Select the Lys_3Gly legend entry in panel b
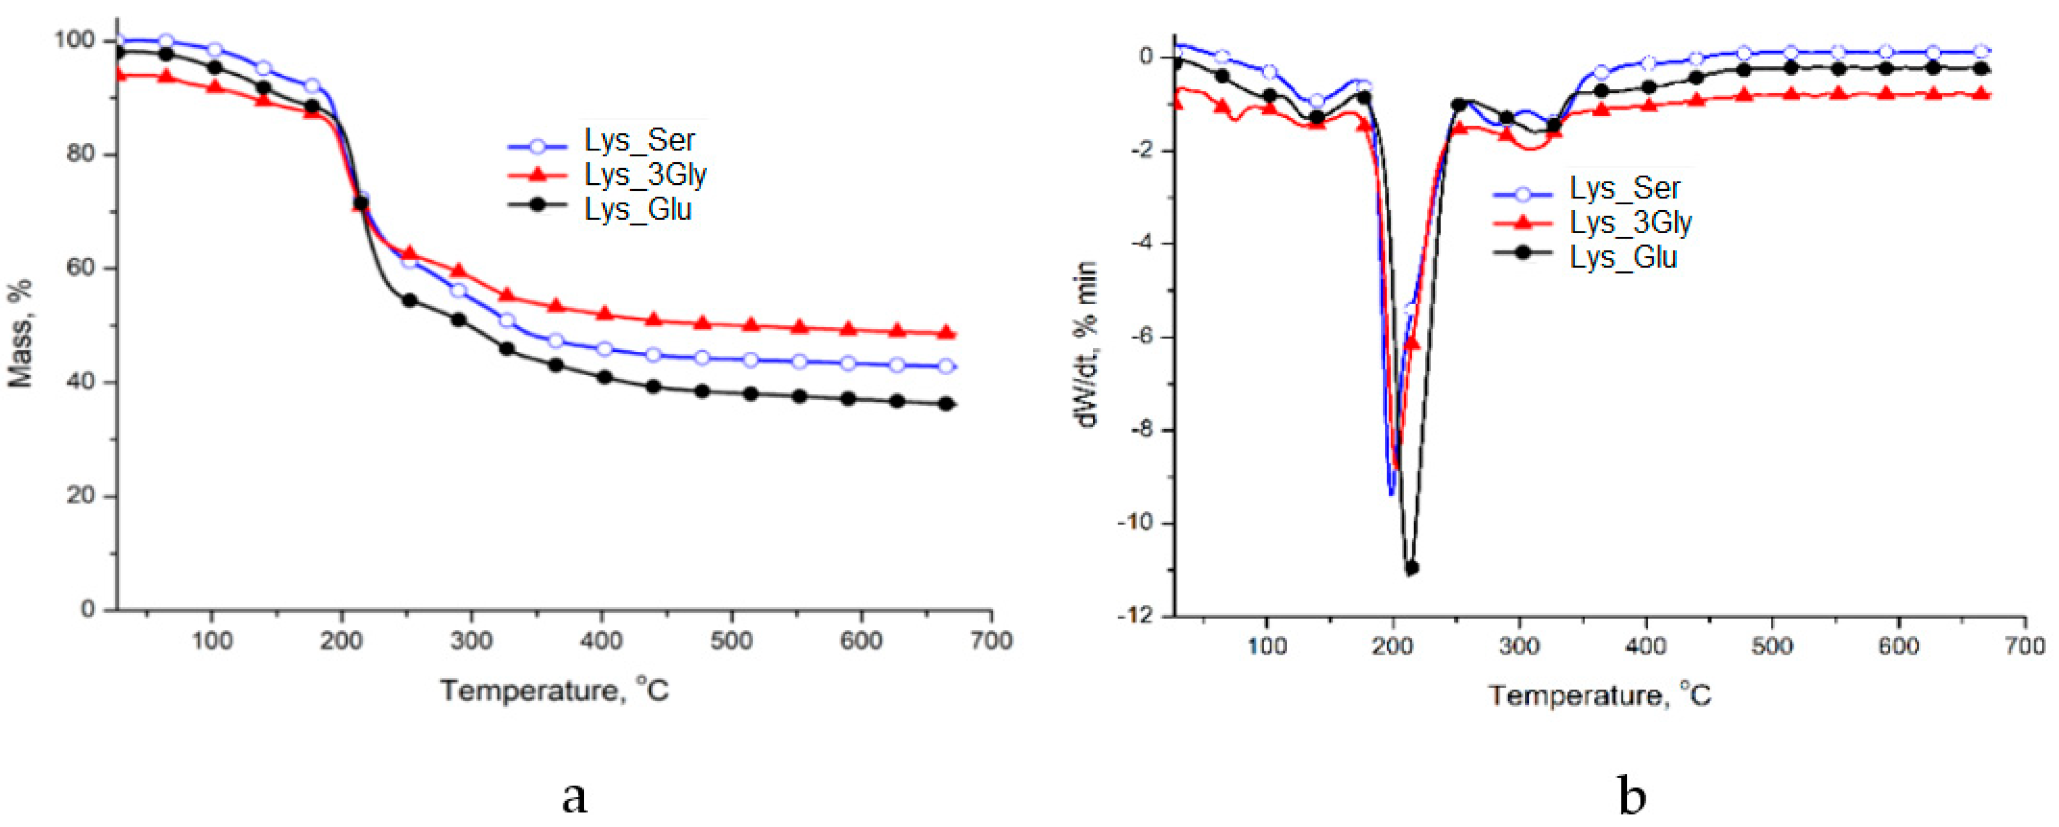point(1631,223)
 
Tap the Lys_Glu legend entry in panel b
point(1622,257)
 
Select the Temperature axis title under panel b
point(1599,695)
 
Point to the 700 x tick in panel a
point(991,641)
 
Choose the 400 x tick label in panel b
point(1646,645)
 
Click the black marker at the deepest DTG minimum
point(1412,567)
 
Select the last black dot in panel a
point(946,404)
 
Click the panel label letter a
point(574,796)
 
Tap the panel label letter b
point(1632,796)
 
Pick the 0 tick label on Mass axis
point(88,610)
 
